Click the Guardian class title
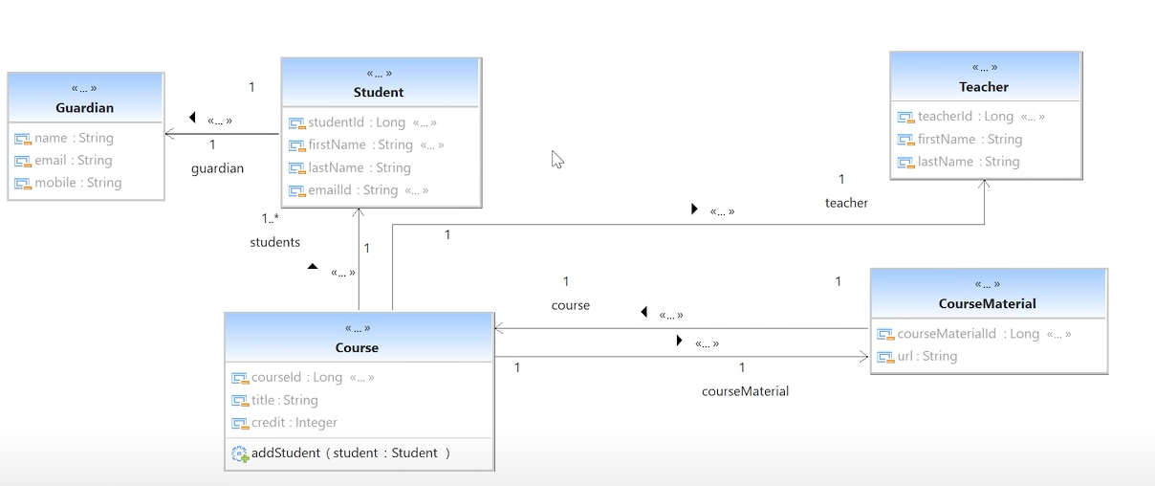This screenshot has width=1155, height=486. pyautogui.click(x=84, y=108)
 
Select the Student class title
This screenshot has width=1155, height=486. pyautogui.click(x=379, y=93)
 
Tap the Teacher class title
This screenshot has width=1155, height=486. pyautogui.click(x=984, y=87)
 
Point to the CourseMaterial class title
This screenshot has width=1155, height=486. pyautogui.click(x=987, y=303)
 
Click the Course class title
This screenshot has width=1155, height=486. pyautogui.click(x=357, y=347)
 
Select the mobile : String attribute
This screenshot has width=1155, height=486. pyautogui.click(x=77, y=183)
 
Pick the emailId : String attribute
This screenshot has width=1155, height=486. pyautogui.click(x=353, y=190)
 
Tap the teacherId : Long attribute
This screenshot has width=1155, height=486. pyautogui.click(x=966, y=117)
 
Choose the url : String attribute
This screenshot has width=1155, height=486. pyautogui.click(x=927, y=356)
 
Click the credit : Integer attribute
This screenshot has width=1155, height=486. pyautogui.click(x=294, y=423)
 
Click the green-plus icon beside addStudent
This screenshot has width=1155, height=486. pyautogui.click(x=240, y=454)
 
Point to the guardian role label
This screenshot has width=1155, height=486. pyautogui.click(x=217, y=168)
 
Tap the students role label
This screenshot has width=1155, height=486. pyautogui.click(x=274, y=242)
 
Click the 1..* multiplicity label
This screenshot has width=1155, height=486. pyautogui.click(x=271, y=218)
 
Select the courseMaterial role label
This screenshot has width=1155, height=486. pyautogui.click(x=745, y=391)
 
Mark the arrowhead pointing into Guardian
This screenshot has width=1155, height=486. pyautogui.click(x=169, y=134)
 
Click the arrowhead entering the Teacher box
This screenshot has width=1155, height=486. pyautogui.click(x=984, y=183)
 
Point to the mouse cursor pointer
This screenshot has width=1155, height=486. pyautogui.click(x=557, y=160)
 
